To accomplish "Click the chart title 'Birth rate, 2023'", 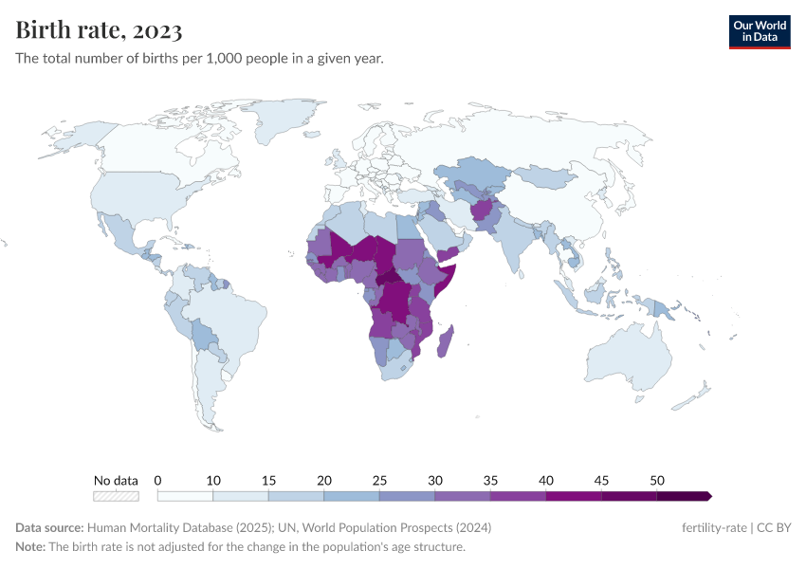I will point(100,30).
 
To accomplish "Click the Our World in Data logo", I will point(759,31).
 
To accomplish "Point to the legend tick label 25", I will point(378,480).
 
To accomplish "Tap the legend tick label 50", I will point(656,480).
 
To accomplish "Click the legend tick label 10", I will point(212,480).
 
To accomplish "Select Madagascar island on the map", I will point(446,341).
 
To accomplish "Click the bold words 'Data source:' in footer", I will point(48,527).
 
